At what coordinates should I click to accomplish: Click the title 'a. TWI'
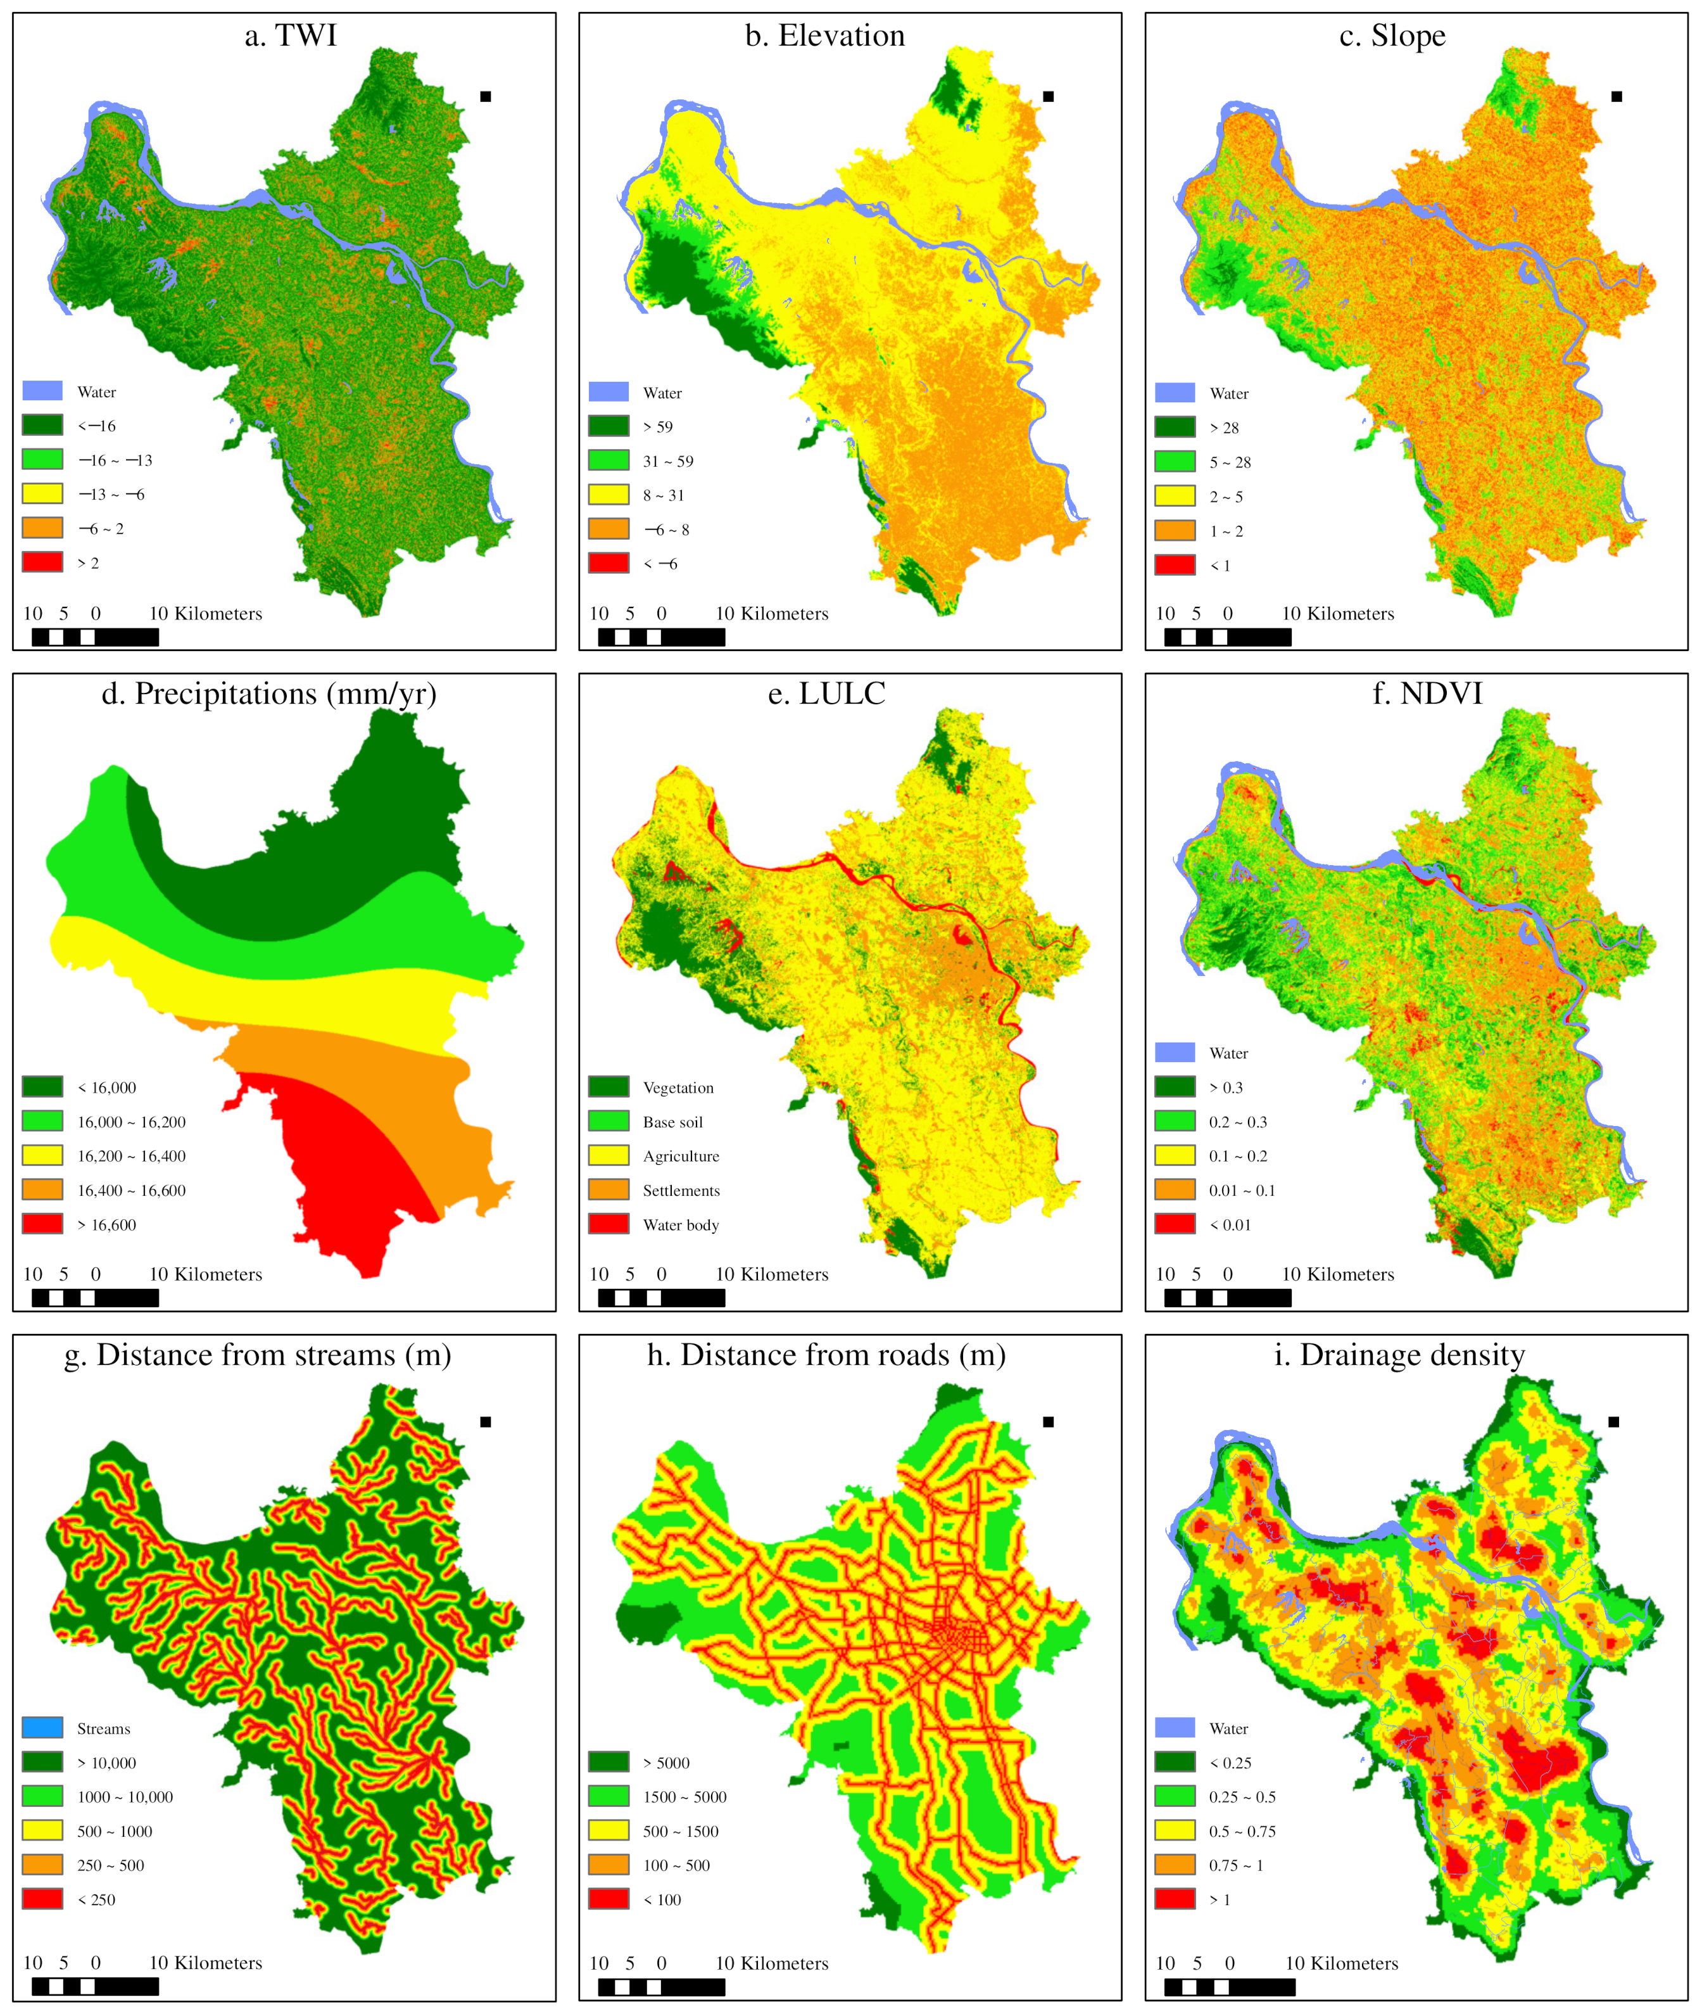[291, 35]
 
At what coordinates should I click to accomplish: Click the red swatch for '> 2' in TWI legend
[42, 562]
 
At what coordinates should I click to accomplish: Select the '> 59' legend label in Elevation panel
[658, 426]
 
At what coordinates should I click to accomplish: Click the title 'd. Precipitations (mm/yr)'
[268, 694]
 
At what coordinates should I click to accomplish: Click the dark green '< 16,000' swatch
[42, 1087]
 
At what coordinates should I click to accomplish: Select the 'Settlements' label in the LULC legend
[681, 1191]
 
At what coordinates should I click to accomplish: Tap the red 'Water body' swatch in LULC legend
[609, 1224]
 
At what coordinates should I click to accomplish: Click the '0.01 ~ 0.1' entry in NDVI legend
[1241, 1191]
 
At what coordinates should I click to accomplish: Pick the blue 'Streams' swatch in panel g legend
[42, 1727]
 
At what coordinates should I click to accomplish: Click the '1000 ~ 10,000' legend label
[125, 1797]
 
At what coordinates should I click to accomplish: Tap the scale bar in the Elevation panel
[661, 637]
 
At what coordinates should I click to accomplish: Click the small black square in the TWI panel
[485, 96]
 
